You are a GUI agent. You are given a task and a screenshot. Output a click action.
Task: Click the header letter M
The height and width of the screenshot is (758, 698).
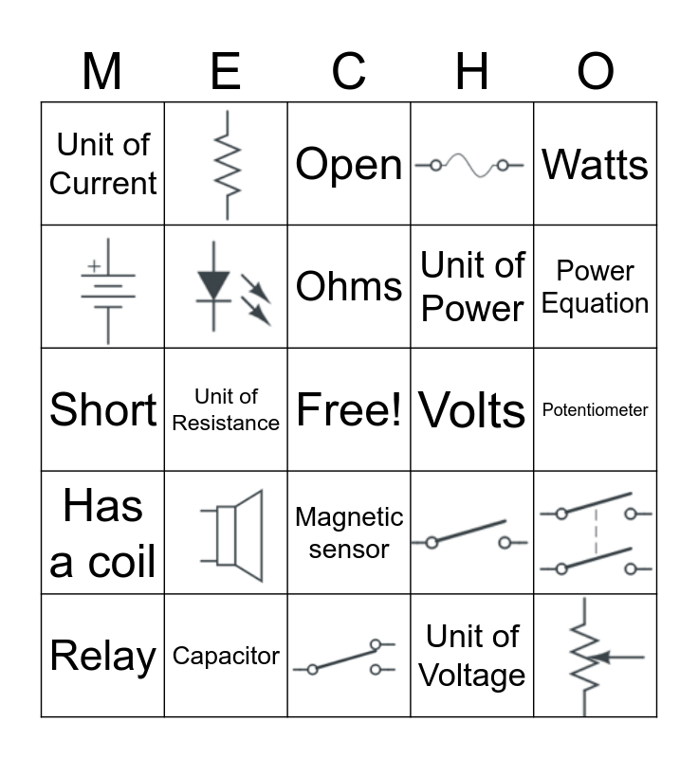[x=102, y=72]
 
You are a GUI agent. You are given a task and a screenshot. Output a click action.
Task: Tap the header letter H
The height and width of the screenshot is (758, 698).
[x=472, y=72]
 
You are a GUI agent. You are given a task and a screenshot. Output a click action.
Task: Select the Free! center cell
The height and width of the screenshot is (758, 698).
[x=349, y=410]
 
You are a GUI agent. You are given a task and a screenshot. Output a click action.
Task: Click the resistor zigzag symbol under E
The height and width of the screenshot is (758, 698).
[x=226, y=164]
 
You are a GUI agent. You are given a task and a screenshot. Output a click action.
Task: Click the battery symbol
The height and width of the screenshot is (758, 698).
[x=107, y=287]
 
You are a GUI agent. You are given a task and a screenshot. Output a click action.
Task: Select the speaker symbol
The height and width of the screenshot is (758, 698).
[x=232, y=533]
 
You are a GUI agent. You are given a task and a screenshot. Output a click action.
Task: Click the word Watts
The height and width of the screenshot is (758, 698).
[x=596, y=165]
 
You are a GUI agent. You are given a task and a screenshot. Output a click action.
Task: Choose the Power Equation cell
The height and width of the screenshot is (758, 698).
[x=596, y=287]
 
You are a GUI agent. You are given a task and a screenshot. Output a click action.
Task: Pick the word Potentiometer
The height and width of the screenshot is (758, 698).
[x=596, y=410]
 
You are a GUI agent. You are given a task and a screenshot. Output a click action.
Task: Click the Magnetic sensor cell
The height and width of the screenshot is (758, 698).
[x=349, y=533]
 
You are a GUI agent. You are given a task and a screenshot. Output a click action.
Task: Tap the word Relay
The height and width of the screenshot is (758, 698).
[x=102, y=656]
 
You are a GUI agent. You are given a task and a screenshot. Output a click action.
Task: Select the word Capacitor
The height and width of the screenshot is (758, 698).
[x=226, y=656]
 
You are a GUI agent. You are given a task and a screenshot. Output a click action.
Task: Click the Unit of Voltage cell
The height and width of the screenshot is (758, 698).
[x=472, y=656]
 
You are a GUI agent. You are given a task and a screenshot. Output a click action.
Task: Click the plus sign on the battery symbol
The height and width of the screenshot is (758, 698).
[x=94, y=267]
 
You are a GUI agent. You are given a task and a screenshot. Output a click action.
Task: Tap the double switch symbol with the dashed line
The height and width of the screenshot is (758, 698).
[x=596, y=533]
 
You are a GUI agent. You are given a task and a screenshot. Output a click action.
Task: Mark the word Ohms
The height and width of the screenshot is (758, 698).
[x=349, y=286]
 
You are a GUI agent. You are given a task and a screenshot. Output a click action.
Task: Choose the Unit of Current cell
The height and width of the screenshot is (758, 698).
[x=102, y=164]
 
